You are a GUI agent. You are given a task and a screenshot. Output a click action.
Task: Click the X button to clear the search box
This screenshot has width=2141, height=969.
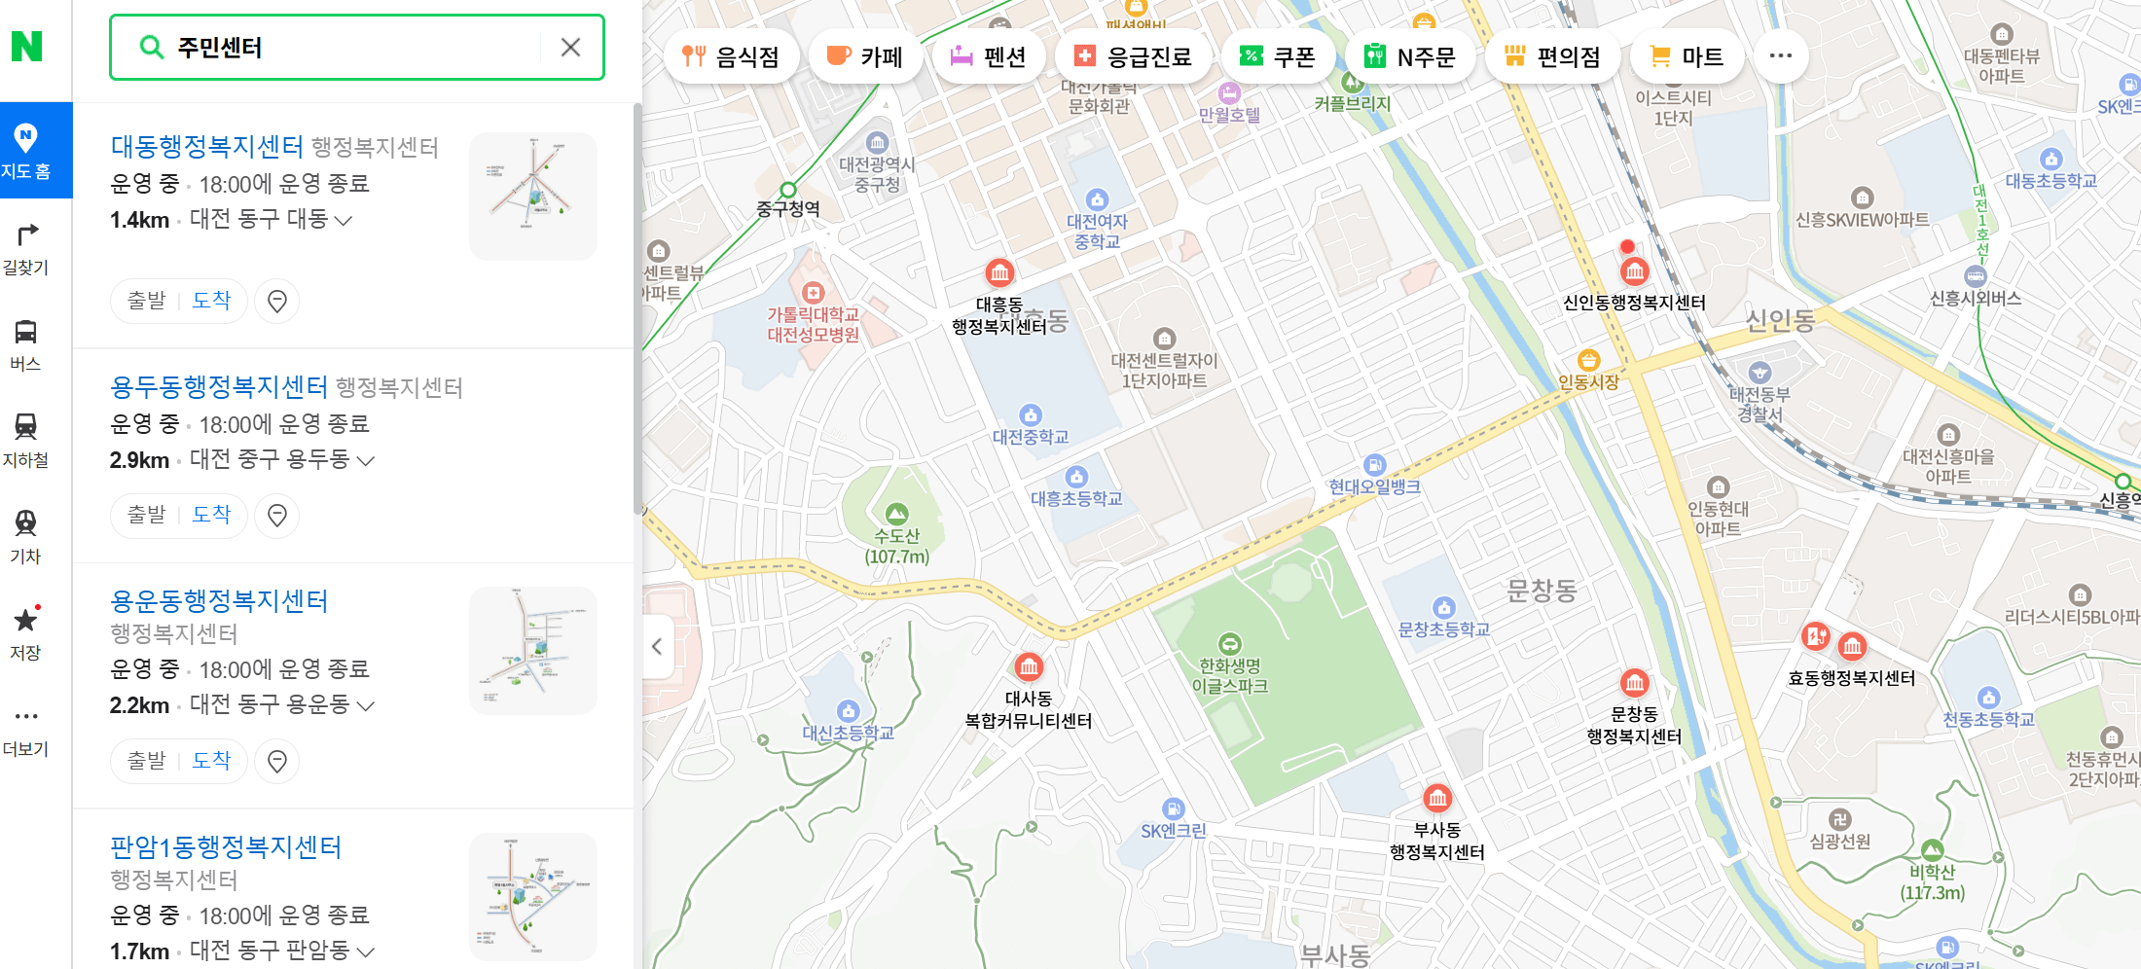(570, 47)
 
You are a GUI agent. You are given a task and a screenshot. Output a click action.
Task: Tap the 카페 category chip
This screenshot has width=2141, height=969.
(864, 56)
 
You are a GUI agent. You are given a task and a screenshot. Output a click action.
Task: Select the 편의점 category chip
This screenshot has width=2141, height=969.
(1552, 56)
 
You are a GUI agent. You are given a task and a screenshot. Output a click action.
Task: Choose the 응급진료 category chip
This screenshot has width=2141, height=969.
(1133, 56)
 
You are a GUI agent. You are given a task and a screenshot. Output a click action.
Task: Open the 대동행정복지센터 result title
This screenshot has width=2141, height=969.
(207, 147)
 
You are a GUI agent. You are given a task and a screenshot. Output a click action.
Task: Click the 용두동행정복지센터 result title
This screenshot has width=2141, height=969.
(219, 387)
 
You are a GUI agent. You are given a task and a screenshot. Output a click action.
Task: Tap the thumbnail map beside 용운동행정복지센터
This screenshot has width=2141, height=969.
(532, 650)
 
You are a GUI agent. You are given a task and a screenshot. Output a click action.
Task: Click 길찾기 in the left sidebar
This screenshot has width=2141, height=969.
(26, 247)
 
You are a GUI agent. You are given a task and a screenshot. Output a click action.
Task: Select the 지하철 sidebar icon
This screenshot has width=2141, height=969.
(26, 439)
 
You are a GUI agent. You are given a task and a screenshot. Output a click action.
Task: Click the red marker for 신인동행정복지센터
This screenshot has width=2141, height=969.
(1634, 271)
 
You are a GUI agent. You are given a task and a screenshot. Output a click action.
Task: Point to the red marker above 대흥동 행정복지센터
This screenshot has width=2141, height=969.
(999, 272)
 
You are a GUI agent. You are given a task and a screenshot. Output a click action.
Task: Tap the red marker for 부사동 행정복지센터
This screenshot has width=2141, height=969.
(1437, 799)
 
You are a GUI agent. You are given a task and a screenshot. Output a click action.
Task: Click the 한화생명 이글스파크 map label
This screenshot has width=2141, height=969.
(1230, 675)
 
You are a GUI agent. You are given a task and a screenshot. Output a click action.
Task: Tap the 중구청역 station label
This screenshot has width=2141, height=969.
(788, 208)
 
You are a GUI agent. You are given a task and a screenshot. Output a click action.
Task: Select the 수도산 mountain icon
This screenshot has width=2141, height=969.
(896, 513)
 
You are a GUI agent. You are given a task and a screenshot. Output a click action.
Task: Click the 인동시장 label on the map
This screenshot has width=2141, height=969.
(1588, 382)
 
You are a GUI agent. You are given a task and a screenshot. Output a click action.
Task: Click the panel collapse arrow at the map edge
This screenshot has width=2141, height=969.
(657, 647)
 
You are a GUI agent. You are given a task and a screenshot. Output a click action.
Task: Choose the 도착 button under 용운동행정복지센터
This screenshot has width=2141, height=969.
(211, 760)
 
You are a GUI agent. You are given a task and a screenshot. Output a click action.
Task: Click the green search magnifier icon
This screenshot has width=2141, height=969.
(152, 47)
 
